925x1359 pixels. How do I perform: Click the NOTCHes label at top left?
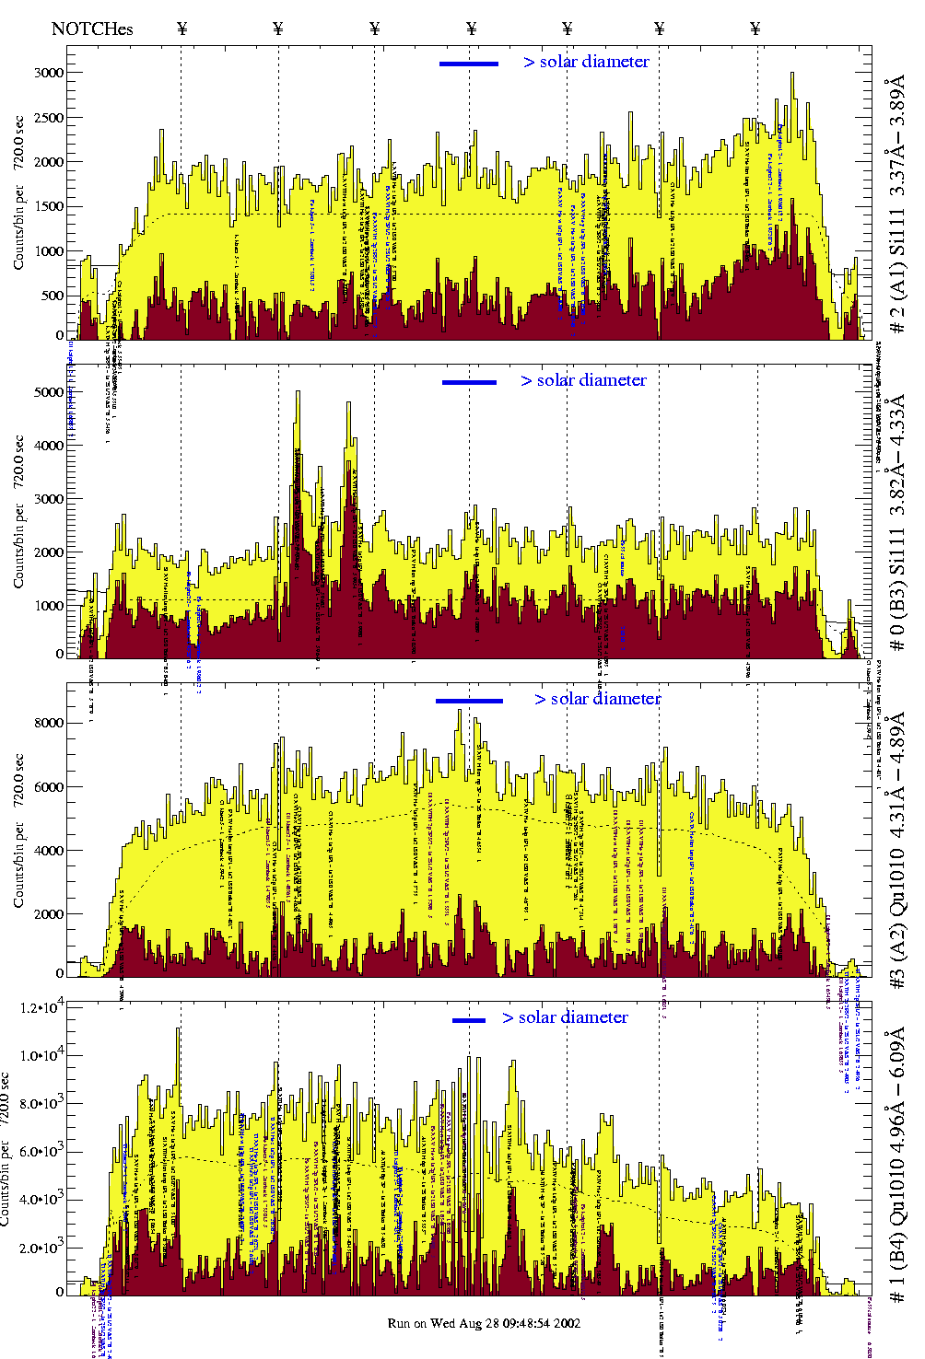point(92,29)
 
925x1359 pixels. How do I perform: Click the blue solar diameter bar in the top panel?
point(469,64)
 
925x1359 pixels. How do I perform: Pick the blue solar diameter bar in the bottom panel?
point(469,1020)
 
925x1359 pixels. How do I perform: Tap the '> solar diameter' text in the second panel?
point(583,380)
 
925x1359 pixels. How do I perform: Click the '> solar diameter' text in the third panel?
point(597,699)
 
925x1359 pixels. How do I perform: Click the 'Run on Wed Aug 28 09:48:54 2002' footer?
point(484,1323)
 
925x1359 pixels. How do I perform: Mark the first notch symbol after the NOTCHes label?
point(181,29)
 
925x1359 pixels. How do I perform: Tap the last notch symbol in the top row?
point(755,29)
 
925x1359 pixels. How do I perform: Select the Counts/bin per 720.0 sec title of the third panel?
point(19,830)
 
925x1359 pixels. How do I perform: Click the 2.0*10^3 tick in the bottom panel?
point(41,1249)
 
